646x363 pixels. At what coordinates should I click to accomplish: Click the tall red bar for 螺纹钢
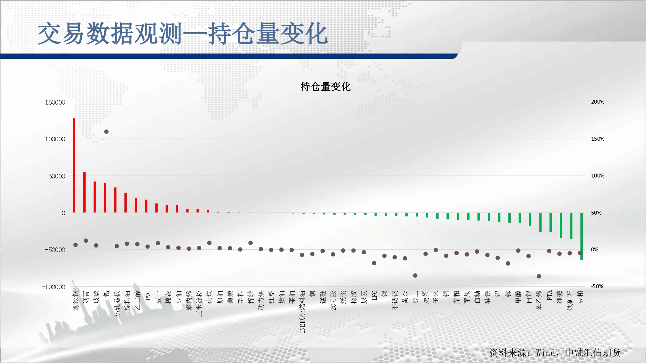pos(74,166)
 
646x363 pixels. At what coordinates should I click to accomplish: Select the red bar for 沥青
pos(84,192)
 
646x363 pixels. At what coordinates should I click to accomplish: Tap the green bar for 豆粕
pos(581,237)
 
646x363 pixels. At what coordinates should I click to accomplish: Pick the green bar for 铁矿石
pos(571,226)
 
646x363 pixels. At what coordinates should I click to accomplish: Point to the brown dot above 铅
pos(106,132)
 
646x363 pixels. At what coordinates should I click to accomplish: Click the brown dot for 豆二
pos(415,276)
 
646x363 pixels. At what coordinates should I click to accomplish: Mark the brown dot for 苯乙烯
pos(539,276)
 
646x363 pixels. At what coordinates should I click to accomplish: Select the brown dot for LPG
pos(374,263)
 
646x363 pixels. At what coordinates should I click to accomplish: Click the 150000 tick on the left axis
pos(55,102)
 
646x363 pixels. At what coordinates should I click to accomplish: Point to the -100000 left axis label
pos(54,287)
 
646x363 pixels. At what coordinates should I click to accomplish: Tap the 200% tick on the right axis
pos(598,102)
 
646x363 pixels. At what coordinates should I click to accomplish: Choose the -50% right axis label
pos(597,287)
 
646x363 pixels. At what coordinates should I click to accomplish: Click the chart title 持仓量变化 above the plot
pos(326,86)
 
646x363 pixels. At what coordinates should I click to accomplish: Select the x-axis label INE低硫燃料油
pos(302,312)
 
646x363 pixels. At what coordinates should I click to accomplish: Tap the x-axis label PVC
pos(148,296)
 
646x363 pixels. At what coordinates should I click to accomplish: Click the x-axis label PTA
pos(549,296)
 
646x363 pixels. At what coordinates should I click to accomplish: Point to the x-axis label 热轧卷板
pos(117,303)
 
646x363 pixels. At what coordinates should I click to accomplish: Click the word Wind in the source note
pos(546,353)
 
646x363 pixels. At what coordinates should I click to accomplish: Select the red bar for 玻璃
pos(95,197)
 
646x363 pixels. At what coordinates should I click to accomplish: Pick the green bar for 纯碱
pos(561,226)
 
